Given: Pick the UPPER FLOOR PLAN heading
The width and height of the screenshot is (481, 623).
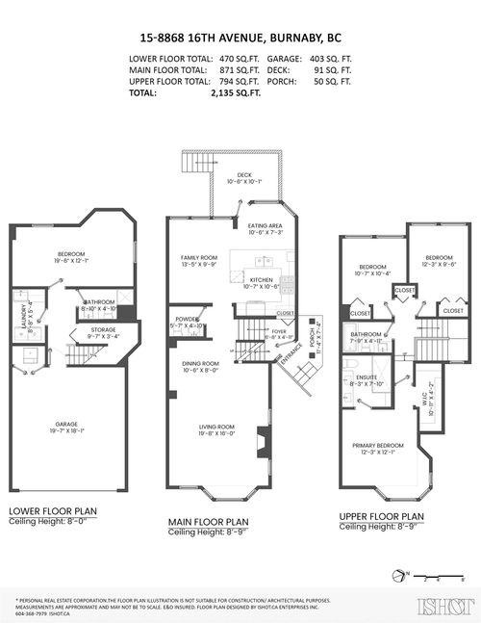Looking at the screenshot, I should point(383,516).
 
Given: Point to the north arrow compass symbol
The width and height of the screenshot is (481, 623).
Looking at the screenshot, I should point(398,577).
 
